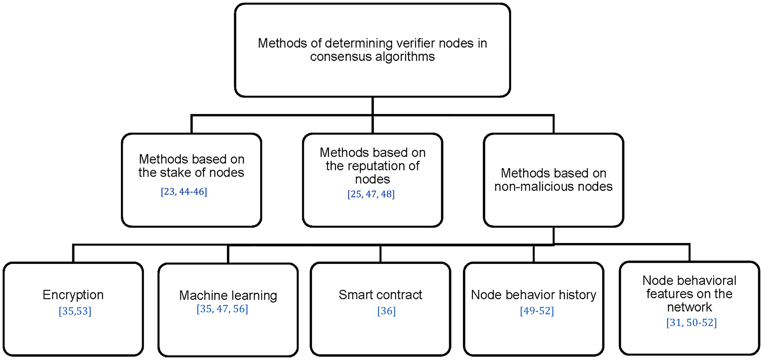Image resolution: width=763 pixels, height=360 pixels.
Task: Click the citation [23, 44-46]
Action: [x=184, y=192]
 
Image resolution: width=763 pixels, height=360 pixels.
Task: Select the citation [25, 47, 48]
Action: [x=371, y=194]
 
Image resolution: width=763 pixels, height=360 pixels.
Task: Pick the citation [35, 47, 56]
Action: [x=222, y=309]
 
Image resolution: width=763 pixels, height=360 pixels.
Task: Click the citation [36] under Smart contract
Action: [x=386, y=311]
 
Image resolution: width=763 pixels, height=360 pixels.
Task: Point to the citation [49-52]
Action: [x=537, y=311]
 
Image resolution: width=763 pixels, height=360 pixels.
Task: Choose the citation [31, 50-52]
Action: [x=692, y=323]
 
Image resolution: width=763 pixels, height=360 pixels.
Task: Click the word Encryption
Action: [x=73, y=295]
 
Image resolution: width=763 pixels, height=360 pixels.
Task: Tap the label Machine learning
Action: [x=228, y=295]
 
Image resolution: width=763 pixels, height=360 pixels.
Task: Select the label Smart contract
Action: [x=380, y=295]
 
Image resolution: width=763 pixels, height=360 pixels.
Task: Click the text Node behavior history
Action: [x=533, y=295]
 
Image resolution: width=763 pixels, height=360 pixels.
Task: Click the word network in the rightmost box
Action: [x=689, y=307]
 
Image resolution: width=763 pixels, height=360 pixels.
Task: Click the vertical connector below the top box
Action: [x=372, y=106]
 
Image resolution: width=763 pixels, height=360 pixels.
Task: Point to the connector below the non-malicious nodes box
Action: [x=553, y=236]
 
